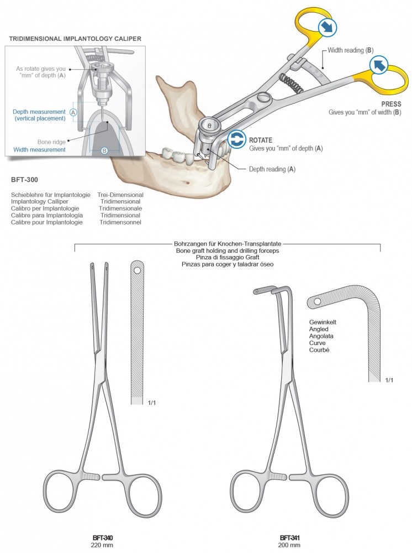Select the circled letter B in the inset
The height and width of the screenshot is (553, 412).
click(x=104, y=149)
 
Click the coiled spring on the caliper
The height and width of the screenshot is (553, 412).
click(x=291, y=84)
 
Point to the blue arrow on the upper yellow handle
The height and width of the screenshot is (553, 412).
click(x=325, y=26)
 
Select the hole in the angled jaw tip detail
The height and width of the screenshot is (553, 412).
click(x=318, y=301)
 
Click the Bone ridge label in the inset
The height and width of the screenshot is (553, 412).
click(x=51, y=141)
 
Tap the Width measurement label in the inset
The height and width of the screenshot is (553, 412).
click(x=39, y=149)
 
